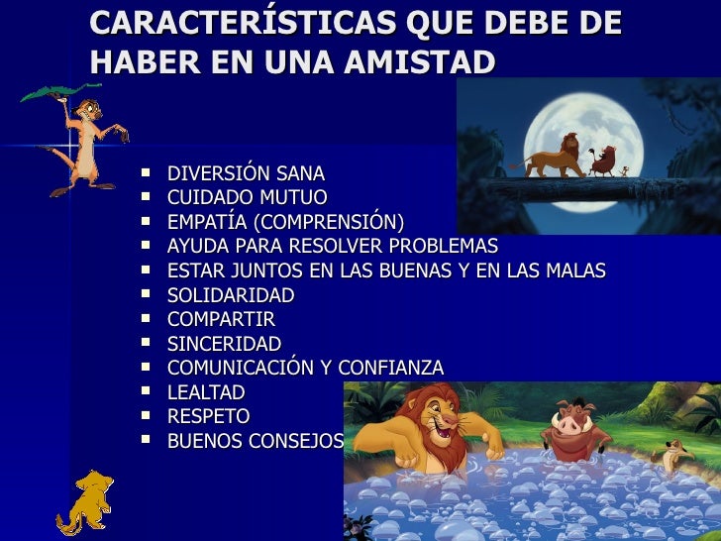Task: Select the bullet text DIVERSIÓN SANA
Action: tap(246, 173)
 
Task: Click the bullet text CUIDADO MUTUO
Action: tap(247, 197)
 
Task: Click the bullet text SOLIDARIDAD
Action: tap(231, 295)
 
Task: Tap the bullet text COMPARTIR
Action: tap(221, 319)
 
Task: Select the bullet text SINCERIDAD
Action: tap(224, 344)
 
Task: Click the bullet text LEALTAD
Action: tap(206, 392)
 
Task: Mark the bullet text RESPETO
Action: tap(208, 416)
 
